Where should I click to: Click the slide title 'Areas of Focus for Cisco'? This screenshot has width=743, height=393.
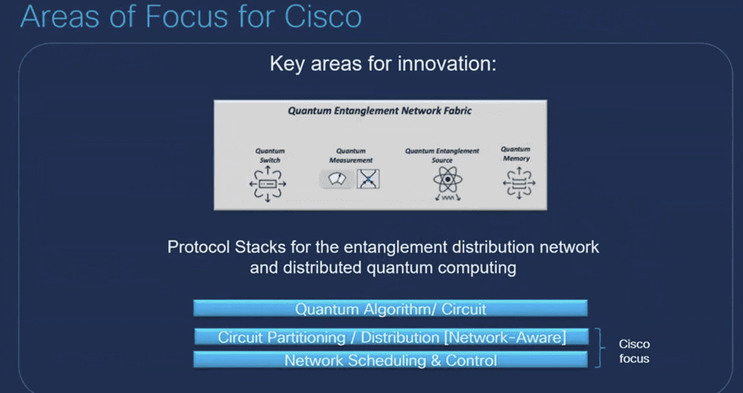tap(191, 17)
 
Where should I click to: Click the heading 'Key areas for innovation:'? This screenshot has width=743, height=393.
tap(383, 64)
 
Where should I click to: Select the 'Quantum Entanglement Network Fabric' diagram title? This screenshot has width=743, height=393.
tap(379, 111)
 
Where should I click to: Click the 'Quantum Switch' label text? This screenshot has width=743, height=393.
tap(270, 155)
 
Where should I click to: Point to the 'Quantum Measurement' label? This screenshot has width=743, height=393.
tap(350, 155)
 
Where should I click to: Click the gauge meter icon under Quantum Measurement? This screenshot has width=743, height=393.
tap(337, 179)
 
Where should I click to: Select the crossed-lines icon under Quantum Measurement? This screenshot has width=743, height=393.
tap(368, 179)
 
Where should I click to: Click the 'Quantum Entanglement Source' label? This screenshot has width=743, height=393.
tap(442, 151)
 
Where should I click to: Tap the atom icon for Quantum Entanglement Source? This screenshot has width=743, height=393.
tap(446, 181)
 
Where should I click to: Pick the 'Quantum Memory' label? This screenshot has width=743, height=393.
tap(516, 153)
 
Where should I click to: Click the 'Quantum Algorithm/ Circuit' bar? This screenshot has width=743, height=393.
tap(391, 309)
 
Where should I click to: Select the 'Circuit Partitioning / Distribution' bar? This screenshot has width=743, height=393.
tap(391, 337)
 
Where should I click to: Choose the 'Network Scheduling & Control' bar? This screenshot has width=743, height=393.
tap(391, 360)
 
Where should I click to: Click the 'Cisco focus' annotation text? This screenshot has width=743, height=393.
tap(634, 351)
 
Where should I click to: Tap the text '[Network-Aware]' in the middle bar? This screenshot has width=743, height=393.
tap(506, 337)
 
